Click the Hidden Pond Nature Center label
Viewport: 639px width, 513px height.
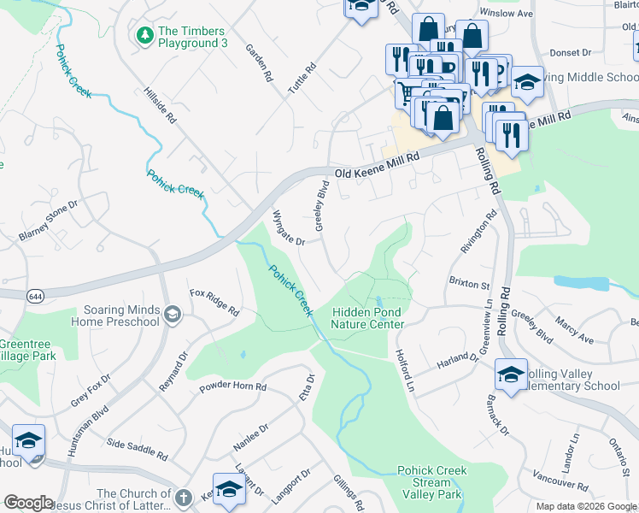(367, 319)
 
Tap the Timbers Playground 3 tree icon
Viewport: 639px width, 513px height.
(144, 35)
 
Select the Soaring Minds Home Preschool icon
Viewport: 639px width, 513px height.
(172, 315)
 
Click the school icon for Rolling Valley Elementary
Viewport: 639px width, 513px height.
(511, 374)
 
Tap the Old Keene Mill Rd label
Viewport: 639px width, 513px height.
(378, 165)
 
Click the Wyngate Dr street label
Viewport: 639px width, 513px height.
(288, 228)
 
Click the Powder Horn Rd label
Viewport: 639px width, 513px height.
(233, 387)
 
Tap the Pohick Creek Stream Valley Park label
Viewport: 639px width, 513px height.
(431, 482)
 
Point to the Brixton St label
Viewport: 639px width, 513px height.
(469, 282)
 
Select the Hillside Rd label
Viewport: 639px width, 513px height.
(159, 106)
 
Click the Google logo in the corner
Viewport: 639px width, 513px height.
(28, 503)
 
